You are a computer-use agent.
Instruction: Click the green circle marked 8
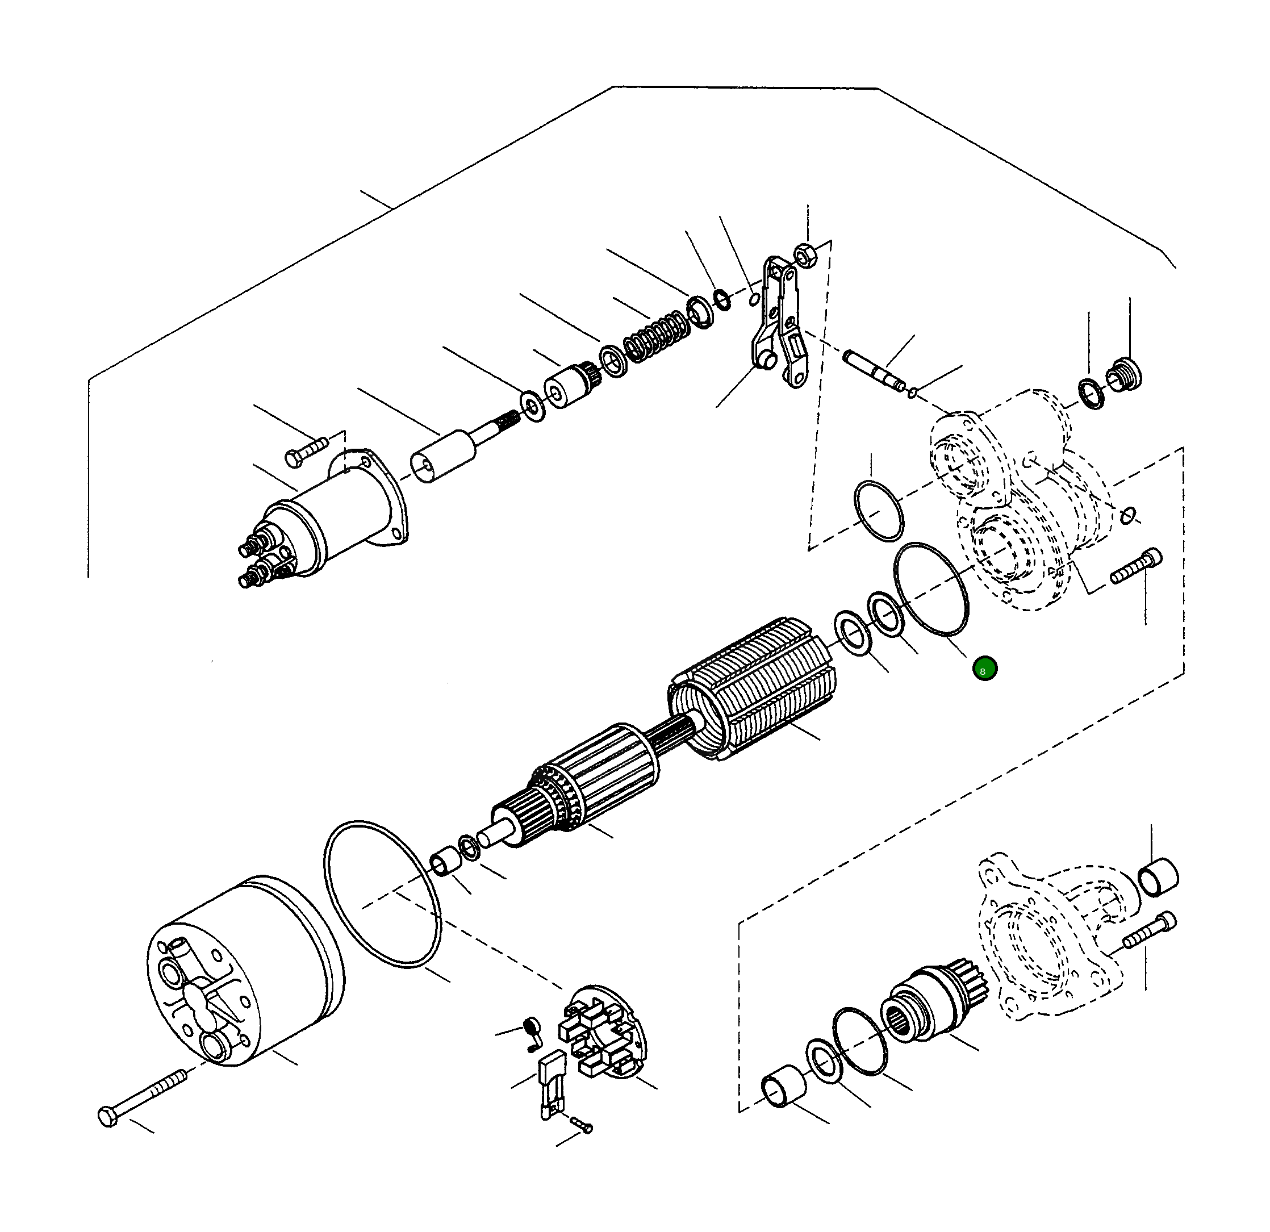(x=984, y=668)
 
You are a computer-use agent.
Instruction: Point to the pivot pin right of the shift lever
(x=874, y=371)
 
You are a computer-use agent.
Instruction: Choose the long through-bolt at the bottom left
(x=143, y=1098)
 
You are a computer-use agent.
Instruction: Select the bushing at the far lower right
(x=1159, y=878)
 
